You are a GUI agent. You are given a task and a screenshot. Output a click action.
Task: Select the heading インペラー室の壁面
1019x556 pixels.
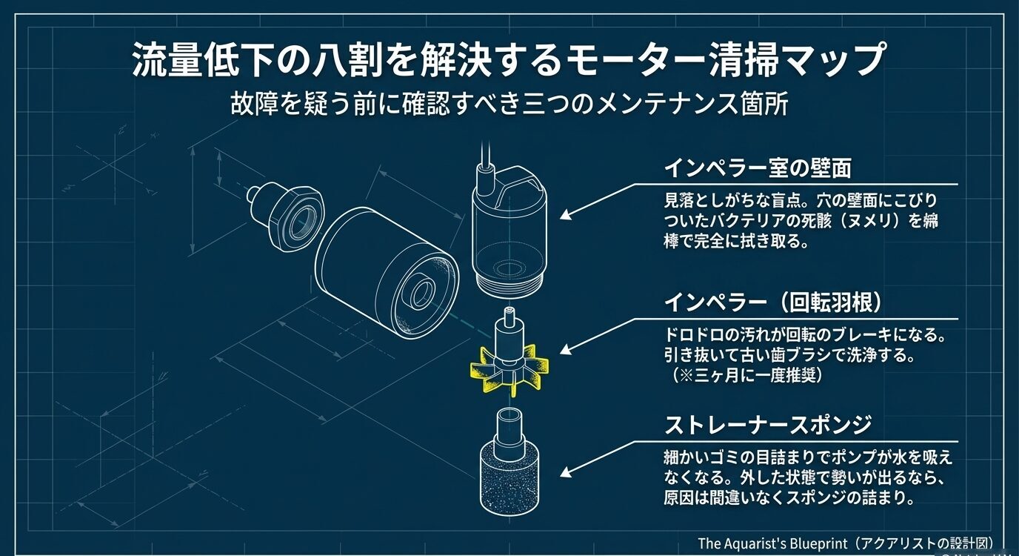pos(757,168)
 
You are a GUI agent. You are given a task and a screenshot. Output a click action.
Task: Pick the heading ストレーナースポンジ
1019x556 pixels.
pos(767,425)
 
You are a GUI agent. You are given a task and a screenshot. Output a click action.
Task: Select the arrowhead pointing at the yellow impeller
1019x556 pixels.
pos(564,351)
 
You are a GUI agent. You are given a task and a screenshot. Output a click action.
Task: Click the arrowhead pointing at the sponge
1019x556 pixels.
pos(564,472)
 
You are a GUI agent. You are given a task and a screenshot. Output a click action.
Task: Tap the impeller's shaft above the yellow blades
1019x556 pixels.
pos(508,326)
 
